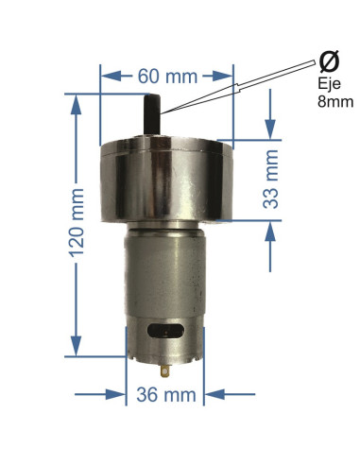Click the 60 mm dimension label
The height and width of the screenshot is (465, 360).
click(166, 74)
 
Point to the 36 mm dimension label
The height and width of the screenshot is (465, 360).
click(166, 393)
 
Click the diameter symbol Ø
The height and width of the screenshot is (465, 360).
click(329, 62)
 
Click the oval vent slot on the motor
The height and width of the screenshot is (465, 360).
click(166, 330)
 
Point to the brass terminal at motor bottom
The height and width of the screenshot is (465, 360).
click(166, 367)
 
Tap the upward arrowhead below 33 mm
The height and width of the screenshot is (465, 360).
click(272, 228)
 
